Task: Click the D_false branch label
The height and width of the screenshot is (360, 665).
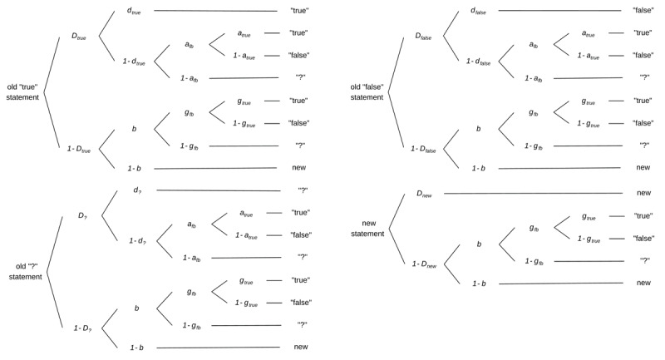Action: (x=428, y=37)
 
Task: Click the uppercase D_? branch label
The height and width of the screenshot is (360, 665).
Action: (x=83, y=215)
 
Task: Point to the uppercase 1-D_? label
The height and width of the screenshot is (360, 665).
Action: (x=83, y=328)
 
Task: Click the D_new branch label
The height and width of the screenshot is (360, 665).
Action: (x=427, y=194)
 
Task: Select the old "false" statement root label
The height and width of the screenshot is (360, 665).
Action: (x=367, y=91)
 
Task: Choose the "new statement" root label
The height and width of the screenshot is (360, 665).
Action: (x=367, y=228)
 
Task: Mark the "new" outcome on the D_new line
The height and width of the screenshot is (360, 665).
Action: (x=643, y=193)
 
